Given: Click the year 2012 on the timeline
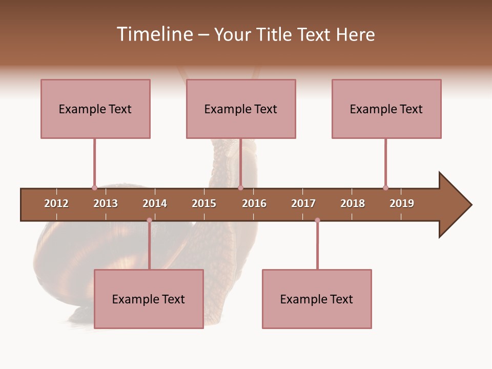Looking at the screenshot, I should pyautogui.click(x=56, y=203).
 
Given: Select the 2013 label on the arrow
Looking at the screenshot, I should pyautogui.click(x=106, y=203).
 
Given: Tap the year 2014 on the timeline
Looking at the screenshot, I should pyautogui.click(x=155, y=203).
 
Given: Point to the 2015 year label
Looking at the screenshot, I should pyautogui.click(x=204, y=203).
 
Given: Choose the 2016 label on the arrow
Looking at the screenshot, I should pyautogui.click(x=254, y=203).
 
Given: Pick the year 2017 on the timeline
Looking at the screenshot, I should pyautogui.click(x=303, y=203).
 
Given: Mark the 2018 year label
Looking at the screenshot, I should pyautogui.click(x=353, y=203).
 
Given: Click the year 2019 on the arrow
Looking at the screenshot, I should pyautogui.click(x=402, y=203).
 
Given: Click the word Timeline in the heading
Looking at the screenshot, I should pyautogui.click(x=154, y=34).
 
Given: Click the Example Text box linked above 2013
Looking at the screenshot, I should pyautogui.click(x=95, y=109).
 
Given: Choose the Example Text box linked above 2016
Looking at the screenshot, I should pyautogui.click(x=241, y=109).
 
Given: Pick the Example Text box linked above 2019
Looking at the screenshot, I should pyautogui.click(x=386, y=109).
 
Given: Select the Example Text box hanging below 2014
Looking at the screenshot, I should pyautogui.click(x=149, y=299).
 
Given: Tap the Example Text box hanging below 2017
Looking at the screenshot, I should pyautogui.click(x=317, y=299).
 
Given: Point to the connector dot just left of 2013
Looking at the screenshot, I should pyautogui.click(x=94, y=188).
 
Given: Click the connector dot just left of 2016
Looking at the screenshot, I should pyautogui.click(x=240, y=188).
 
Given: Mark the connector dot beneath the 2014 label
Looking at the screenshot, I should pyautogui.click(x=149, y=220).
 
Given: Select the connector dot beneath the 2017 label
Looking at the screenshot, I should pyautogui.click(x=317, y=220).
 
